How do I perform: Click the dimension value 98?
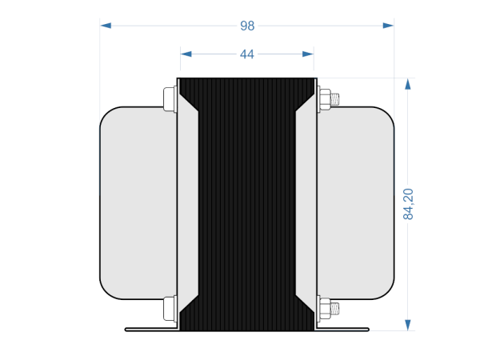247,26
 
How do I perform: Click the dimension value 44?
246,54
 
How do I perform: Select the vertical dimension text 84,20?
408,204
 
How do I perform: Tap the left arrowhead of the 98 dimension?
106,26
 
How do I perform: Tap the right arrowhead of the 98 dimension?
388,26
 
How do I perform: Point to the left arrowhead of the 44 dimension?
186,54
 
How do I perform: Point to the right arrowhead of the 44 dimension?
307,54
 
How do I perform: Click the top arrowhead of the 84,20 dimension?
408,84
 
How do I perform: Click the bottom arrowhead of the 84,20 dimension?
408,324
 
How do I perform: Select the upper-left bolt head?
169,99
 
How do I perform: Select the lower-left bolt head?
169,308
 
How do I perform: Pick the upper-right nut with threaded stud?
325,100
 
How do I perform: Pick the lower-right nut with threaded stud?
325,308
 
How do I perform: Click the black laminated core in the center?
246,204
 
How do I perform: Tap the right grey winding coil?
356,203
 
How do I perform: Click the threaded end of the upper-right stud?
336,100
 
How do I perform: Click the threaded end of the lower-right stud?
336,308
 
